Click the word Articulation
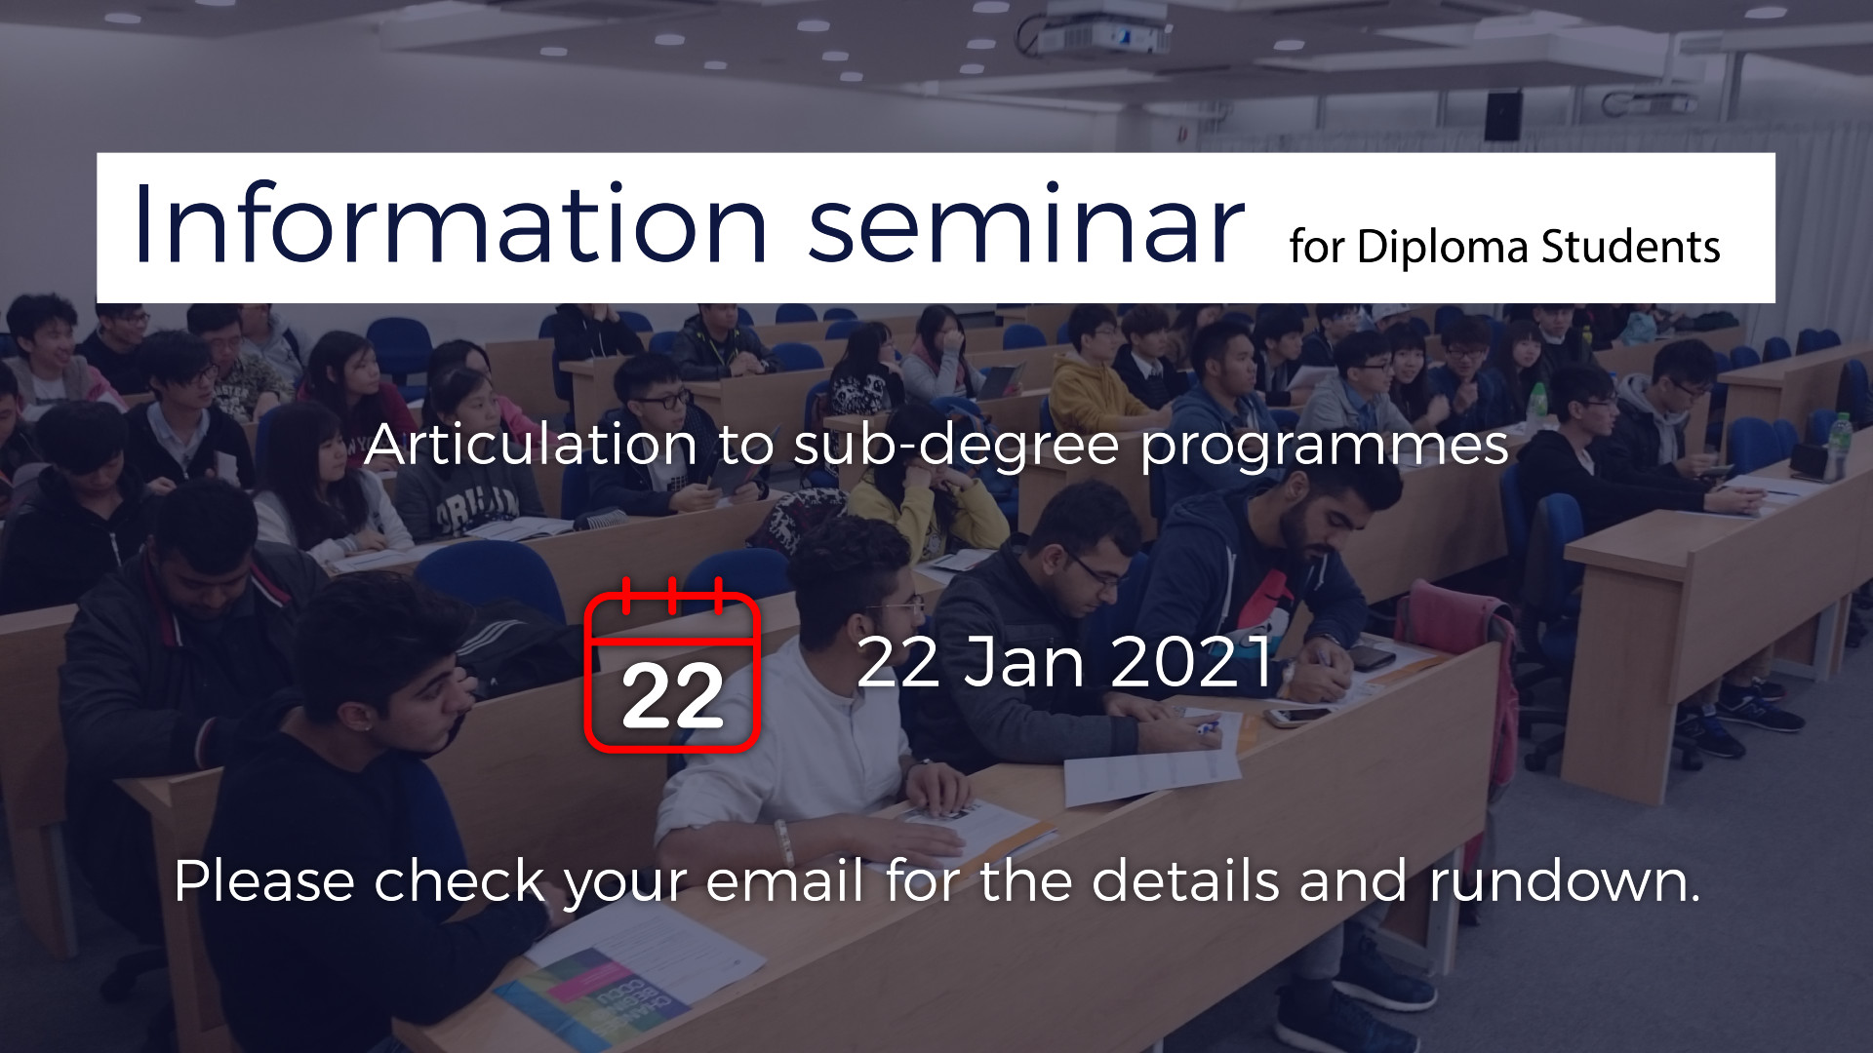[x=532, y=445]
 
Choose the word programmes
[x=1325, y=449]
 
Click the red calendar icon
[x=672, y=665]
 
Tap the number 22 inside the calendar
[x=672, y=697]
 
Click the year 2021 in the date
[x=1192, y=662]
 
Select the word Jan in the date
[x=1024, y=662]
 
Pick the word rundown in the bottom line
[x=1564, y=880]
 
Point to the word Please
[x=264, y=880]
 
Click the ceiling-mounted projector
[x=1097, y=29]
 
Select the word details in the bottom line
[x=1185, y=880]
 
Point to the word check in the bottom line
[x=459, y=880]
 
